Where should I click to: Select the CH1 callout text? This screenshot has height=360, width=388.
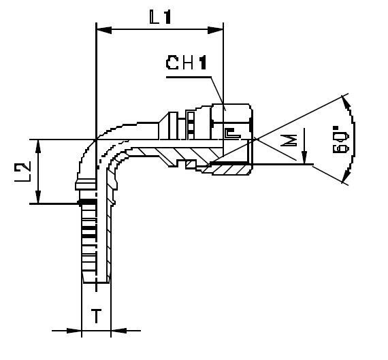click(x=186, y=63)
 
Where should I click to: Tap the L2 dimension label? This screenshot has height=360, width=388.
click(x=23, y=171)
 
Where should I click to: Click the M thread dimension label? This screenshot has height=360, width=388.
click(x=289, y=142)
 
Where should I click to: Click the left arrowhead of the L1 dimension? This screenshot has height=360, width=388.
click(x=103, y=29)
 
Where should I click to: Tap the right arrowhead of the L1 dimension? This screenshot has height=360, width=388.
click(x=219, y=29)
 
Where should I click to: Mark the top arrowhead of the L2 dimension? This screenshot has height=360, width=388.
click(x=42, y=144)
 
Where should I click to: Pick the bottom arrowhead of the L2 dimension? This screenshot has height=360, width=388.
click(x=42, y=198)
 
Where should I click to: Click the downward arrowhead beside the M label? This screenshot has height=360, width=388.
click(x=304, y=159)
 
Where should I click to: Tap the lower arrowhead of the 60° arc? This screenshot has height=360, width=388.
click(x=347, y=178)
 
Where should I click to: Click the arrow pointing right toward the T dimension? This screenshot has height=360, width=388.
click(x=75, y=331)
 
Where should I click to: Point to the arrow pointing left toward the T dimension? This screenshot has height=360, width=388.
click(x=118, y=331)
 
